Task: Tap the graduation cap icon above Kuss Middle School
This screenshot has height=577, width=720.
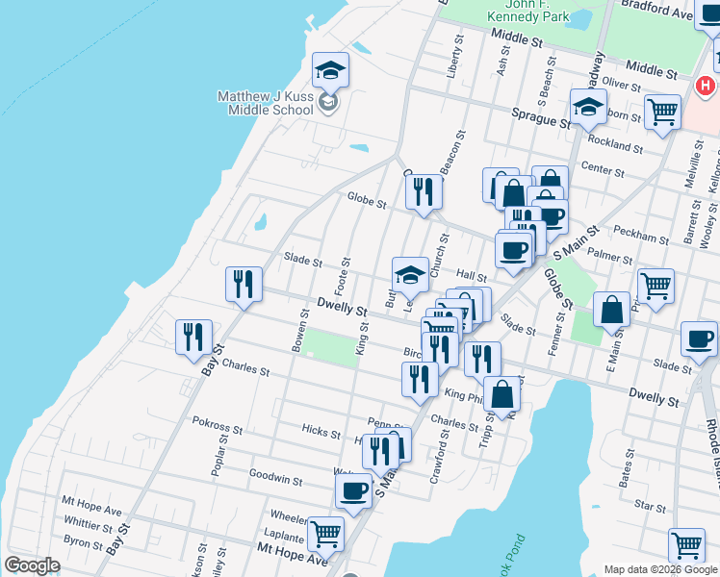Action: coord(330,70)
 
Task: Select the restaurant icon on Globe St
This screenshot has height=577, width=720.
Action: coord(424,192)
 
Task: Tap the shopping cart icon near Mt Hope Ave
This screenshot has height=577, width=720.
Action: coord(326,532)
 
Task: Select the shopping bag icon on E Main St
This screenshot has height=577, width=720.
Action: coord(611,310)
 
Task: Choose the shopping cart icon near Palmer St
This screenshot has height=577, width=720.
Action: coord(656,286)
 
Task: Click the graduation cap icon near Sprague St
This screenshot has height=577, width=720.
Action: coord(589,107)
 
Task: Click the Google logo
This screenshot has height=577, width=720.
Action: coord(32,565)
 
